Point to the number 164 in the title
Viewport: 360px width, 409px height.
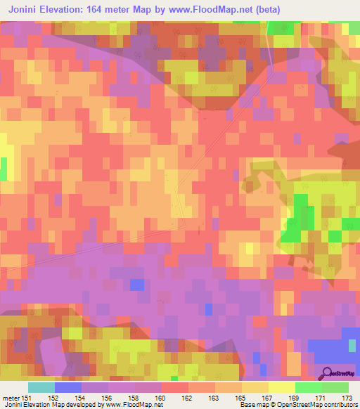(112, 9)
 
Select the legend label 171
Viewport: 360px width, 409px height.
(322, 398)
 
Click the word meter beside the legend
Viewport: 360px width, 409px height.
(10, 398)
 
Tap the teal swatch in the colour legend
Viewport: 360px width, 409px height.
(41, 387)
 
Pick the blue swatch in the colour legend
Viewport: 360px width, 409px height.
(67, 387)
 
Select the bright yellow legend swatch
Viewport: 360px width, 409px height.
(281, 387)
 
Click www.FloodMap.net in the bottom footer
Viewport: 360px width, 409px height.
(134, 405)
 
